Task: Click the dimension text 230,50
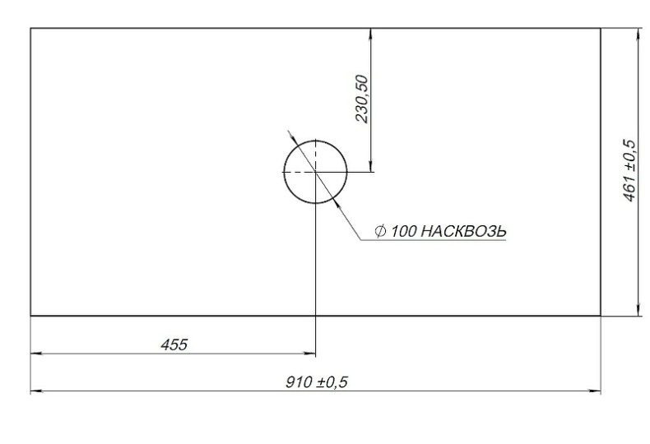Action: pos(362,99)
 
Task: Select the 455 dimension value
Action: pos(174,345)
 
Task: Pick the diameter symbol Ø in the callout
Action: pos(380,232)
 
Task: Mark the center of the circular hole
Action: pos(315,172)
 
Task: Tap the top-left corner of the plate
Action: pos(30,29)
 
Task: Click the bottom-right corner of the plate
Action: pos(601,315)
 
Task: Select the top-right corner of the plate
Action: pos(601,29)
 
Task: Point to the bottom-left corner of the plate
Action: pos(30,315)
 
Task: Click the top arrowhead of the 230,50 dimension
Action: pos(373,34)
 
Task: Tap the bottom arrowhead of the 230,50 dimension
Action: pos(373,167)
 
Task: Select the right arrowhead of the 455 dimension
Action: pos(310,354)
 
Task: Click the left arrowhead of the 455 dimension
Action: pos(35,354)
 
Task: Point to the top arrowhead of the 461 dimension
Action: pos(639,34)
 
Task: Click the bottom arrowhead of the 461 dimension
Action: pos(639,310)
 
